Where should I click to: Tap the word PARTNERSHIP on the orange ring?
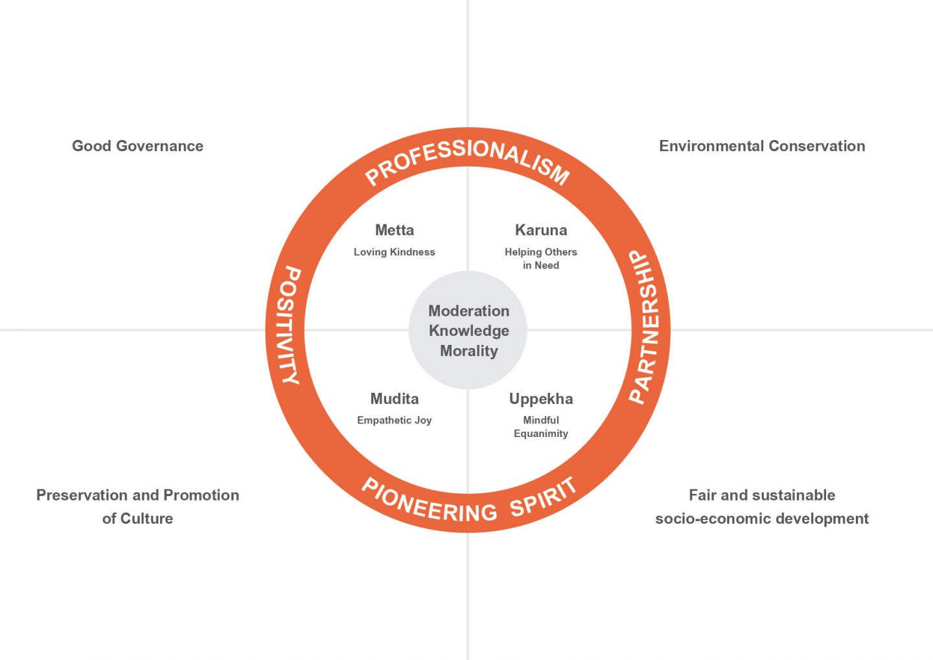click(645, 327)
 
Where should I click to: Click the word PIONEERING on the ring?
click(428, 502)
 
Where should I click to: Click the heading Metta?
click(394, 230)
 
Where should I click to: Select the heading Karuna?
click(540, 230)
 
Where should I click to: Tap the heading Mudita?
click(394, 399)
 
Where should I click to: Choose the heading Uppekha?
click(540, 399)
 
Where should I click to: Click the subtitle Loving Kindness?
click(394, 252)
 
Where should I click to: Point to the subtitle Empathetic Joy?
click(394, 420)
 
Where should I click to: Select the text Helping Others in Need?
click(540, 259)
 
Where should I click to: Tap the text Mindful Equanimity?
click(540, 427)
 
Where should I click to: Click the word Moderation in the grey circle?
click(468, 311)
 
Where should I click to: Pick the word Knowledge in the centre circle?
click(468, 331)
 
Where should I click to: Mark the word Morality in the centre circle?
click(468, 351)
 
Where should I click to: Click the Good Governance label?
click(137, 146)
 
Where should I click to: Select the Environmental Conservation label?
click(762, 146)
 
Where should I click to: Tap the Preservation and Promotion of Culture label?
click(137, 506)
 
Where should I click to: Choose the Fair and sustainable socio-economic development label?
click(762, 506)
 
